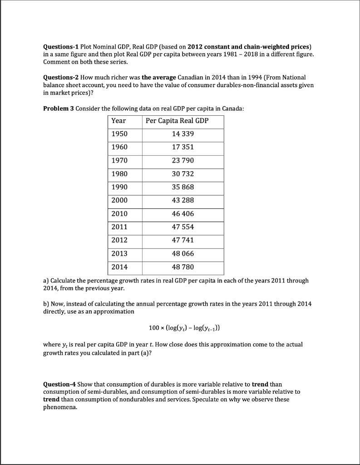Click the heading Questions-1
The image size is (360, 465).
click(60, 47)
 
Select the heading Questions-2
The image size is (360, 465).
click(60, 77)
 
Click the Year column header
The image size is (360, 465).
click(119, 121)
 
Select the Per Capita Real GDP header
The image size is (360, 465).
click(177, 121)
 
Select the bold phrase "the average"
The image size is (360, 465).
click(159, 77)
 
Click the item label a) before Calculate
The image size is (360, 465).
click(46, 281)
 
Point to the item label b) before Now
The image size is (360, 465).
click(46, 303)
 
